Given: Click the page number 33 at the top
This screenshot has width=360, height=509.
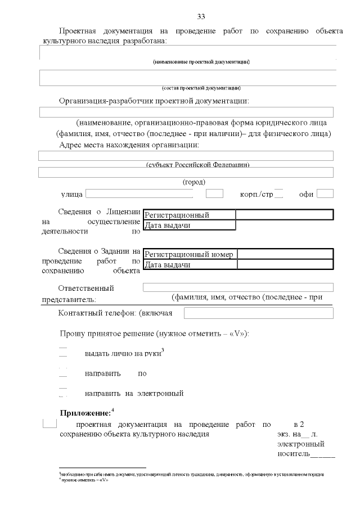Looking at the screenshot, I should tap(201, 15).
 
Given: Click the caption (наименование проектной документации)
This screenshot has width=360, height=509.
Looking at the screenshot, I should tap(201, 61).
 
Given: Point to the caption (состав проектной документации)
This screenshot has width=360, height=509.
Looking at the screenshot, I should tap(201, 88).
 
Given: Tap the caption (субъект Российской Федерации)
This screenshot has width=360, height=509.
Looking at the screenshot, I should tap(197, 165).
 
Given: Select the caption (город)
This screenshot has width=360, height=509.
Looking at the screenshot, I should tap(194, 182).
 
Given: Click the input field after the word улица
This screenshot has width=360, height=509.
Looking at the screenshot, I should tap(139, 194).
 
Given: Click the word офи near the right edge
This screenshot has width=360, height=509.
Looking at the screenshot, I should tap(306, 195).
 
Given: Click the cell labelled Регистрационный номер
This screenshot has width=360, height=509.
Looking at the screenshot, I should tap(189, 254).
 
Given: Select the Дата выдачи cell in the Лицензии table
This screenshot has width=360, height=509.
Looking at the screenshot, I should tap(189, 226).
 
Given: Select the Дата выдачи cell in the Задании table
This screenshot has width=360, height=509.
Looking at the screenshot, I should tap(190, 265).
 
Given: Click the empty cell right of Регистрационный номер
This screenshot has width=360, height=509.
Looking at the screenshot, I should tap(285, 254).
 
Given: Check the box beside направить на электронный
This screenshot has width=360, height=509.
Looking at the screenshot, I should tap(63, 392).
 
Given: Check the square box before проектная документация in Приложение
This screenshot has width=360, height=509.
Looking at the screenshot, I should tap(49, 424).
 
